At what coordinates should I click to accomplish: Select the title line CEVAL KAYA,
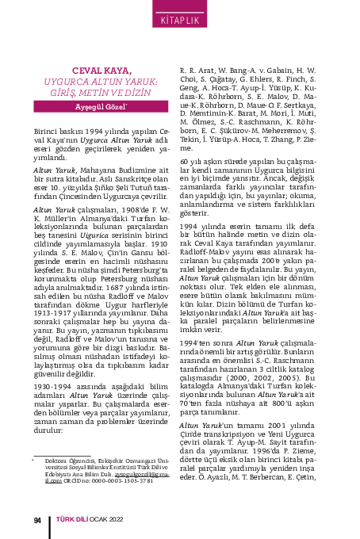(x=100, y=71)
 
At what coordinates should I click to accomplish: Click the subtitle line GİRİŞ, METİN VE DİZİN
(x=100, y=92)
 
